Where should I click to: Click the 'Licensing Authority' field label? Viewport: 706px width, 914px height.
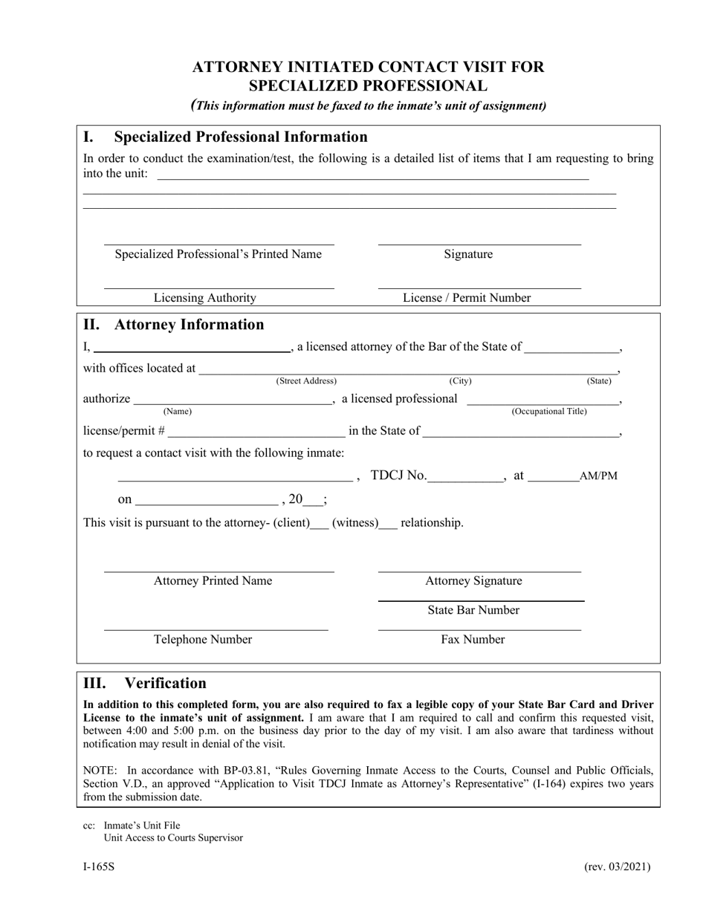pos(204,298)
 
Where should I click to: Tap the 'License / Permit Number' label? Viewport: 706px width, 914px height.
pos(467,298)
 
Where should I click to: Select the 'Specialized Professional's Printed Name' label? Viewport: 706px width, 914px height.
pos(218,254)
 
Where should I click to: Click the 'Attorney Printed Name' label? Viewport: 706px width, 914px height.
pos(213,581)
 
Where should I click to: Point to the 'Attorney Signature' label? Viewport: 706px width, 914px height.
pos(473,581)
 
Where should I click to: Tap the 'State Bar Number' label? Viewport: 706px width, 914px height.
pos(473,610)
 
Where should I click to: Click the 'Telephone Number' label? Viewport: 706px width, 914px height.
pos(203,640)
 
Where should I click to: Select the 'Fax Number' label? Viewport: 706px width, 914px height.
pos(473,640)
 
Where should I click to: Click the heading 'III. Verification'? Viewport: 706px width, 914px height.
pos(145,683)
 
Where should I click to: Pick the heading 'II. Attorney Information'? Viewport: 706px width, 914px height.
pos(173,325)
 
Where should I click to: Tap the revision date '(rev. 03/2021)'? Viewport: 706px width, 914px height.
pos(618,866)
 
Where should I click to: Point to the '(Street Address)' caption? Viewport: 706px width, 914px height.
pos(306,381)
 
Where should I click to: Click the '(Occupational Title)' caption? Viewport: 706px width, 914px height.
pos(548,412)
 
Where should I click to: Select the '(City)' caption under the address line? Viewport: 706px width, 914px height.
pos(460,381)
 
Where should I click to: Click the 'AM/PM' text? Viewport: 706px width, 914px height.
pos(598,476)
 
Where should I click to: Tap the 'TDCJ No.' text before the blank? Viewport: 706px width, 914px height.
pos(398,476)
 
